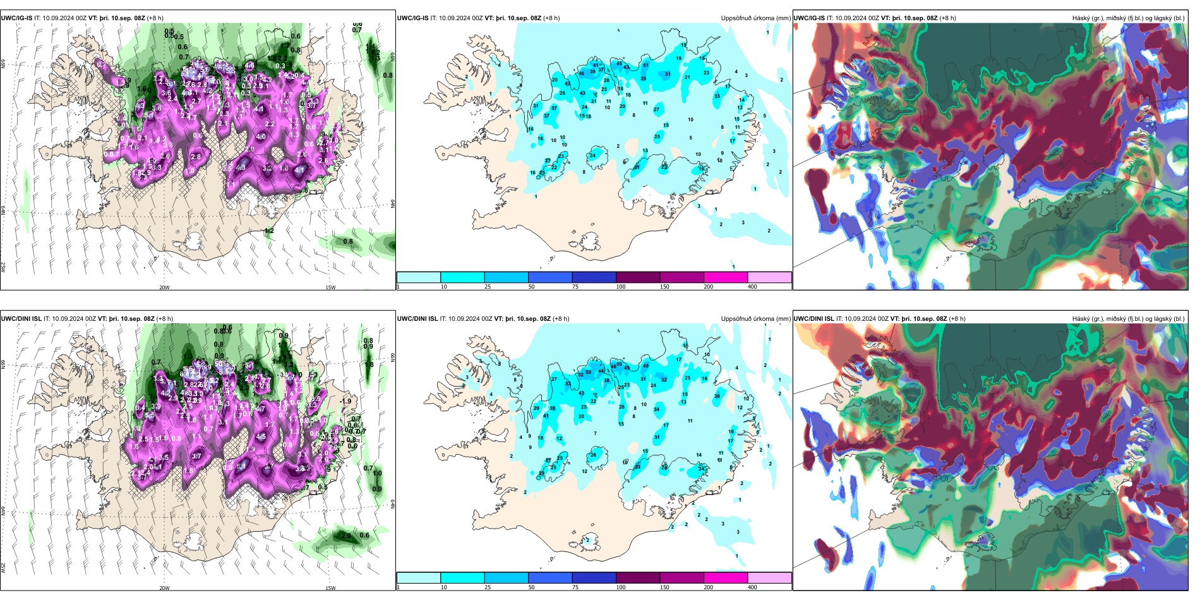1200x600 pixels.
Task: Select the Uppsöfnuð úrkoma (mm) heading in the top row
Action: click(755, 18)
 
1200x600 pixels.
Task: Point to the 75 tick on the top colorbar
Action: click(575, 287)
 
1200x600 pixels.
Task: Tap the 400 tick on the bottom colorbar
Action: click(752, 587)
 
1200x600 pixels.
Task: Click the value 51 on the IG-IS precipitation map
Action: click(645, 65)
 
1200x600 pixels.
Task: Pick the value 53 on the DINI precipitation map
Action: click(568, 384)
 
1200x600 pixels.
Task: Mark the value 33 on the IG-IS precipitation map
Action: click(717, 97)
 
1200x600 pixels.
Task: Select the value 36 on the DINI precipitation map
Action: click(717, 397)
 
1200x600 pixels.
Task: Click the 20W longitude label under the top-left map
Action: click(164, 287)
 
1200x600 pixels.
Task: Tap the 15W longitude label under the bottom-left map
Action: click(330, 588)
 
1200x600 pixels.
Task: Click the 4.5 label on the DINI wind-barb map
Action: click(261, 436)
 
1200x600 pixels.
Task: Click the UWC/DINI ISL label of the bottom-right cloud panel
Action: click(815, 319)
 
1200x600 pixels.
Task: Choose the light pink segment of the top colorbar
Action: click(769, 277)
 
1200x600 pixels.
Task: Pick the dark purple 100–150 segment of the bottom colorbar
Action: click(638, 578)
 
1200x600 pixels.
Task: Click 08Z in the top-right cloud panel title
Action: click(932, 18)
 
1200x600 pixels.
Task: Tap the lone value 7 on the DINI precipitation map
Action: click(595, 433)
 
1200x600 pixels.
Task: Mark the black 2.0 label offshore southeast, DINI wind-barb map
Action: click(346, 536)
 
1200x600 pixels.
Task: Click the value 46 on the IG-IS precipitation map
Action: click(581, 74)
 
